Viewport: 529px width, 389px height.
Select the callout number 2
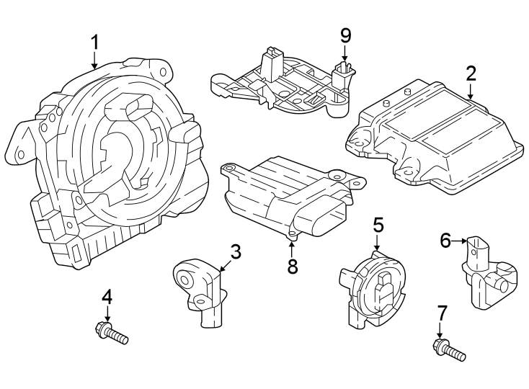pos(471,73)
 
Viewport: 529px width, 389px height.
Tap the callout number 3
pos(235,252)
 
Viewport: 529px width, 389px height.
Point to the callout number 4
pos(107,297)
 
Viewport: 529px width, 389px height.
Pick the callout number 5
pos(378,226)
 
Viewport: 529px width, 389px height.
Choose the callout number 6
pos(445,240)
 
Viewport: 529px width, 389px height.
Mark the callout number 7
pos(442,313)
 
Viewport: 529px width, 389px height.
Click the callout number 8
pos(292,266)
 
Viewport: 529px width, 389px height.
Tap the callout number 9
pos(345,35)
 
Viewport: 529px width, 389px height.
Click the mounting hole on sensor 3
pos(186,274)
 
